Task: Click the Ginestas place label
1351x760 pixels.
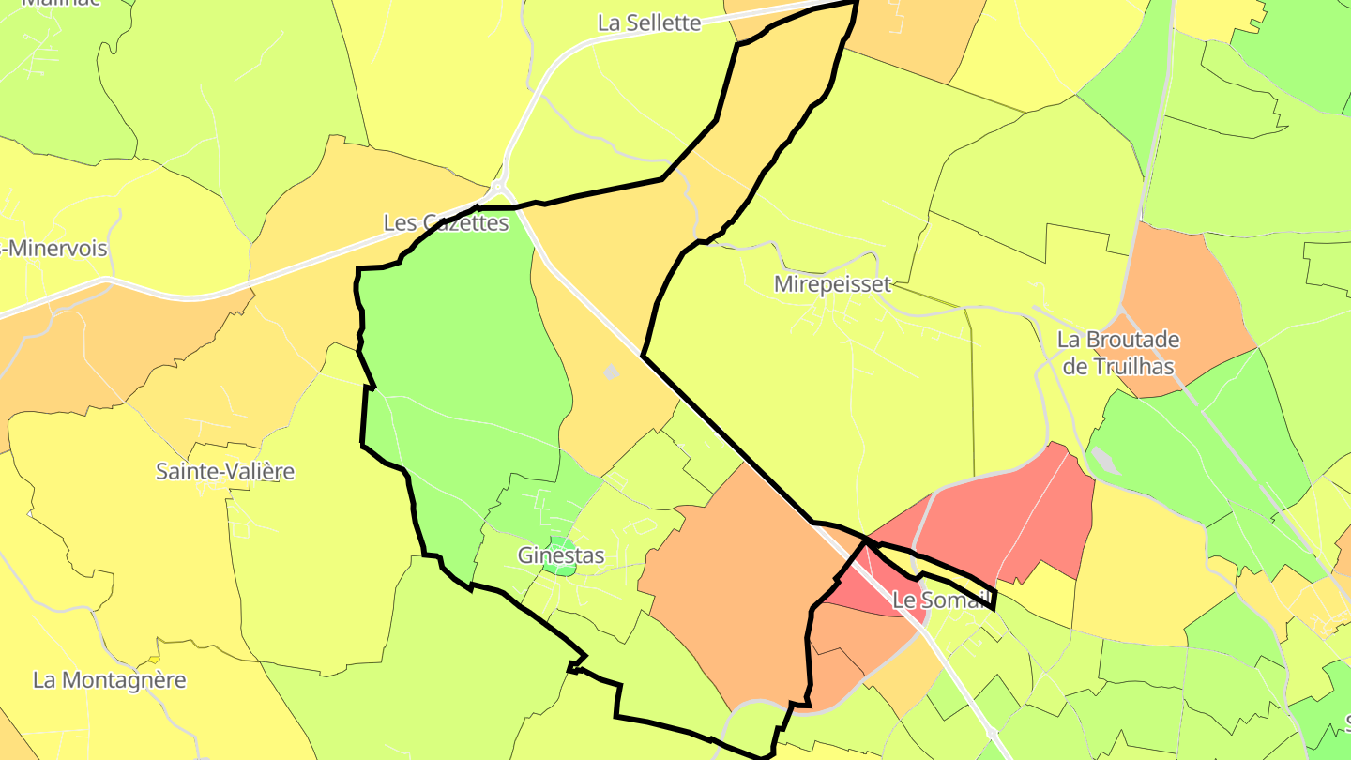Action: click(561, 555)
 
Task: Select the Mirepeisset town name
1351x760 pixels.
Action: click(832, 284)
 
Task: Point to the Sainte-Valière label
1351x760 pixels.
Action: click(225, 471)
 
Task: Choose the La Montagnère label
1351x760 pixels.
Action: click(110, 680)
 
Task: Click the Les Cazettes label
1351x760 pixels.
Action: click(446, 223)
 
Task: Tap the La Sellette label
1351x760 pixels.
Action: click(649, 23)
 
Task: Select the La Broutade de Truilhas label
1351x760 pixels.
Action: click(1117, 353)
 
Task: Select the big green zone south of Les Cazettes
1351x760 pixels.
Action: click(460, 357)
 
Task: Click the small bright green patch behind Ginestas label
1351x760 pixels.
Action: click(560, 541)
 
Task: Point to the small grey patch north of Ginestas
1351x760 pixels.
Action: click(612, 372)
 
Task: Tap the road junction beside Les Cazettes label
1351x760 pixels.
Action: click(499, 188)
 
